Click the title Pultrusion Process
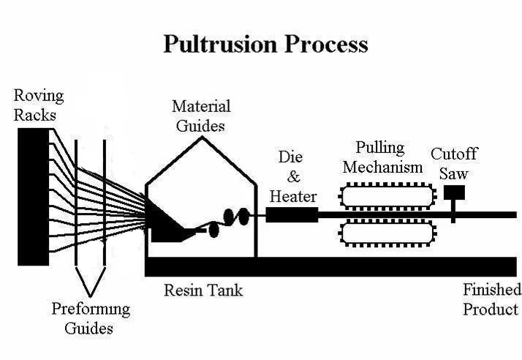pos(265,45)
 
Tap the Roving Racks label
pos(39,105)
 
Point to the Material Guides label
pos(200,116)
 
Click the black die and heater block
pos(292,214)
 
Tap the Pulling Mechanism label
pos(382,157)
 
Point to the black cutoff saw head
pos(454,193)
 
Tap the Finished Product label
pos(491,299)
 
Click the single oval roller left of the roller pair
pos(213,229)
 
